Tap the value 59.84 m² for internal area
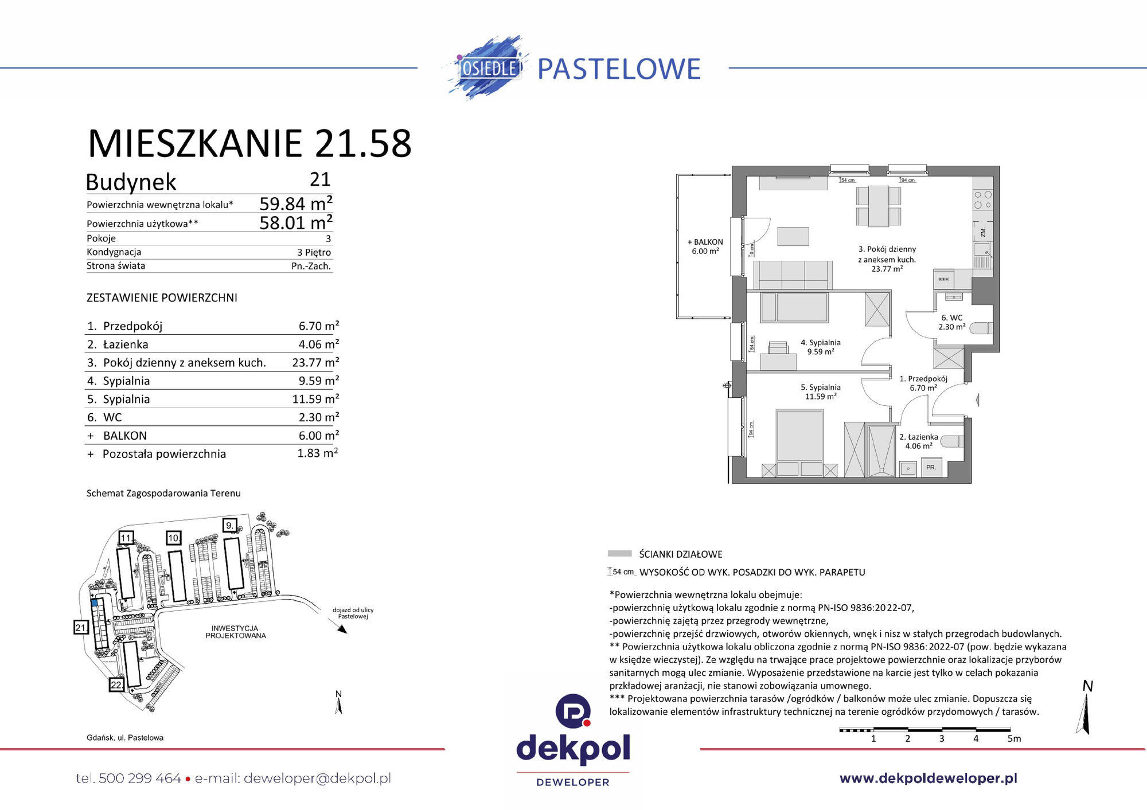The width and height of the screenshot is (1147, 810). point(295,204)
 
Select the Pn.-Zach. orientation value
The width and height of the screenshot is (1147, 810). point(311,266)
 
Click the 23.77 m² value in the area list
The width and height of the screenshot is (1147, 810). point(315,362)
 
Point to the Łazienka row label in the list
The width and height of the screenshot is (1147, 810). point(126,344)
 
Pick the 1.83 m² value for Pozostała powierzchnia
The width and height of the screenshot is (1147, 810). point(317,453)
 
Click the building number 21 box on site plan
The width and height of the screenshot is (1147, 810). point(81,627)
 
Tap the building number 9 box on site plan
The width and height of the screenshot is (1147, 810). point(229,525)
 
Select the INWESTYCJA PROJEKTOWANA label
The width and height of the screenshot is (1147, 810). point(235,632)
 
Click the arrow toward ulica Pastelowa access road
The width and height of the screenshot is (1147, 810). point(341,629)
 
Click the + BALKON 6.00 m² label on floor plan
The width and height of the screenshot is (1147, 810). point(705,246)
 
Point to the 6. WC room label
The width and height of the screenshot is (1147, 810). point(951,322)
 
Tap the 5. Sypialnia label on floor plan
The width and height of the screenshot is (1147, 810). point(820,392)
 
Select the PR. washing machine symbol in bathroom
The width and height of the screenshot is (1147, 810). point(931,467)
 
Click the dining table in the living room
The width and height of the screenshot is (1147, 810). point(878,206)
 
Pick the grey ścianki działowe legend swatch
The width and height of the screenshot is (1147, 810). point(619,554)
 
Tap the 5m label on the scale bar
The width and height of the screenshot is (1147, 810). point(1013,738)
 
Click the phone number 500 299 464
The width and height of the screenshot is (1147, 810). point(139,778)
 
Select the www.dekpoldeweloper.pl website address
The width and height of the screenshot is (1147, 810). point(928,778)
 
